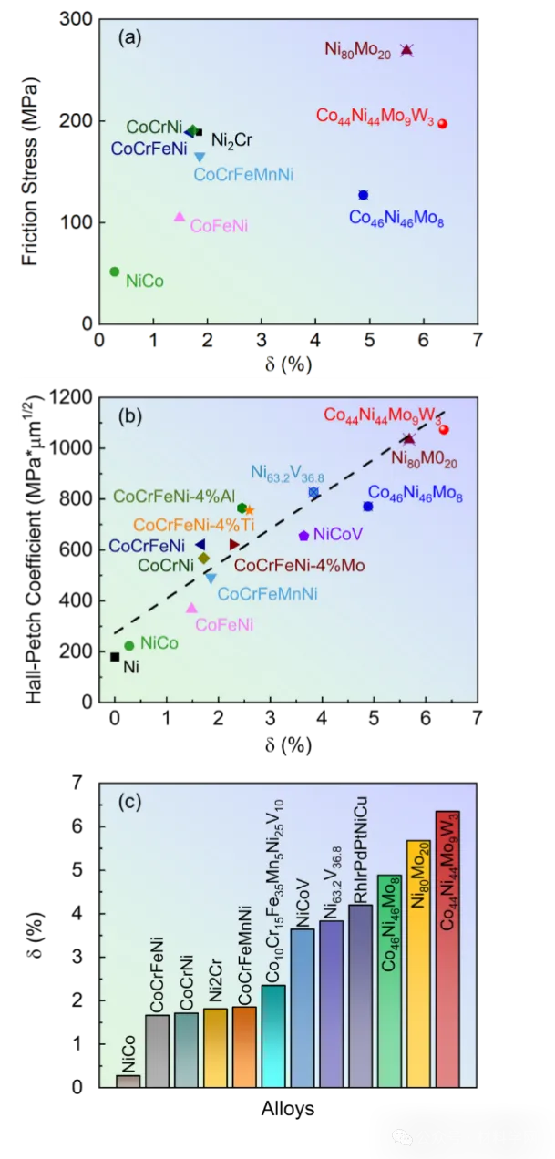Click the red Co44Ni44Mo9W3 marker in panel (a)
(442, 124)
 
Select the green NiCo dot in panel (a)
(115, 272)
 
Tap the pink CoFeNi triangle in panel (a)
(180, 217)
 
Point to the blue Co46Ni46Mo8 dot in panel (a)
(363, 195)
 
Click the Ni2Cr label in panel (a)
(231, 139)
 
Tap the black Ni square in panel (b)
(115, 657)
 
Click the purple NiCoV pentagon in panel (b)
(303, 535)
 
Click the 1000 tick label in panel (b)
(75, 447)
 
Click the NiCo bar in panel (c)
(128, 1081)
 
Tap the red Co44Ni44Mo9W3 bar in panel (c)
(447, 948)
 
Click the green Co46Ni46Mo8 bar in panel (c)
(389, 980)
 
